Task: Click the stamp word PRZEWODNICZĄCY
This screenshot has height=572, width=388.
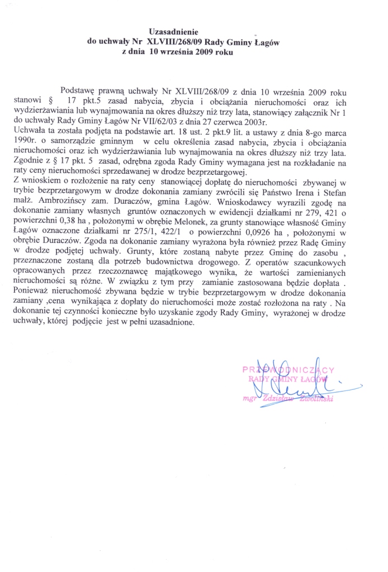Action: click(288, 370)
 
